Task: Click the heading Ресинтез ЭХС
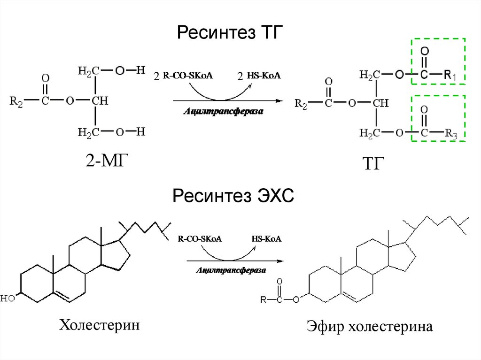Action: coord(233,195)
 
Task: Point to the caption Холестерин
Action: coord(99,324)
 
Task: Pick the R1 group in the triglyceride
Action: coord(454,75)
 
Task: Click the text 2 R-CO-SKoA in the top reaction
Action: coord(183,76)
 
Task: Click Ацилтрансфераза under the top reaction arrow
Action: coord(225,112)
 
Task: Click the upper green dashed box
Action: coord(438,61)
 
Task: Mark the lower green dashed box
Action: coord(438,118)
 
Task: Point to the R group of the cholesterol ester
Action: coord(264,299)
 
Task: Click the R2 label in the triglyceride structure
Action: coord(301,104)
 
